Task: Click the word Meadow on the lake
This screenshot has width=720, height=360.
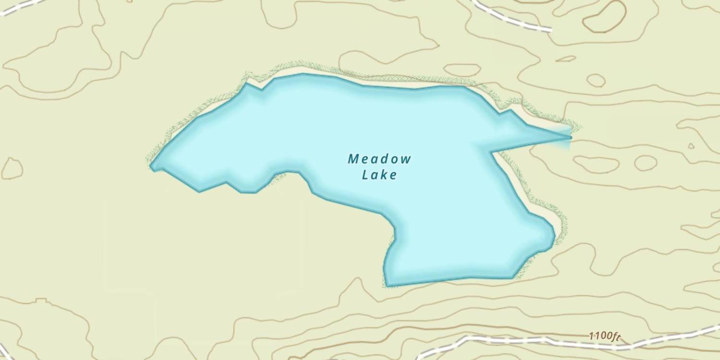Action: point(379,158)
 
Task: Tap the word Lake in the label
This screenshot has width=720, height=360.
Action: point(379,175)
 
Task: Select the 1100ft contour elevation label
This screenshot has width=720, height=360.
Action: point(604,336)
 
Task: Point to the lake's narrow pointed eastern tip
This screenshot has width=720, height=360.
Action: point(569,137)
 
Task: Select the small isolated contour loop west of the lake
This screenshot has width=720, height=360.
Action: point(12,168)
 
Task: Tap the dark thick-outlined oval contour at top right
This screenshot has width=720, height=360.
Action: point(604,16)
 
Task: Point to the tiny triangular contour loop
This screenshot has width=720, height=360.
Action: point(691,146)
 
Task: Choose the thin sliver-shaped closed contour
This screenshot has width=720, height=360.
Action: point(566,59)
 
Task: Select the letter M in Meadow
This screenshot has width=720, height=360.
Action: point(353,158)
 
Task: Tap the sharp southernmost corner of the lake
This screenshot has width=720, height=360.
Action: point(387,286)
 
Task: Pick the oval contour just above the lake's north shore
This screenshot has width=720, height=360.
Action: point(462,70)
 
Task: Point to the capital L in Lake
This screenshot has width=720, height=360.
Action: point(365,175)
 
